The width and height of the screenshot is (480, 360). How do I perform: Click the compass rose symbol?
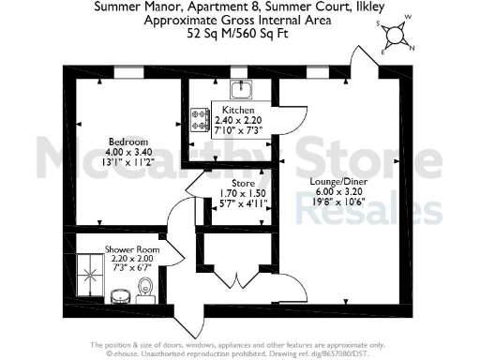coord(399,34)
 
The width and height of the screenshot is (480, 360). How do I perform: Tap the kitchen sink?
coord(240,89)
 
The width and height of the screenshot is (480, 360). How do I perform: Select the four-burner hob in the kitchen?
coord(200,119)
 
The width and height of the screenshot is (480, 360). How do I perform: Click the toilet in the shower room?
coord(144,298)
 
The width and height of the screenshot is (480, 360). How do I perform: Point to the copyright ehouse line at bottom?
coord(240,354)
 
